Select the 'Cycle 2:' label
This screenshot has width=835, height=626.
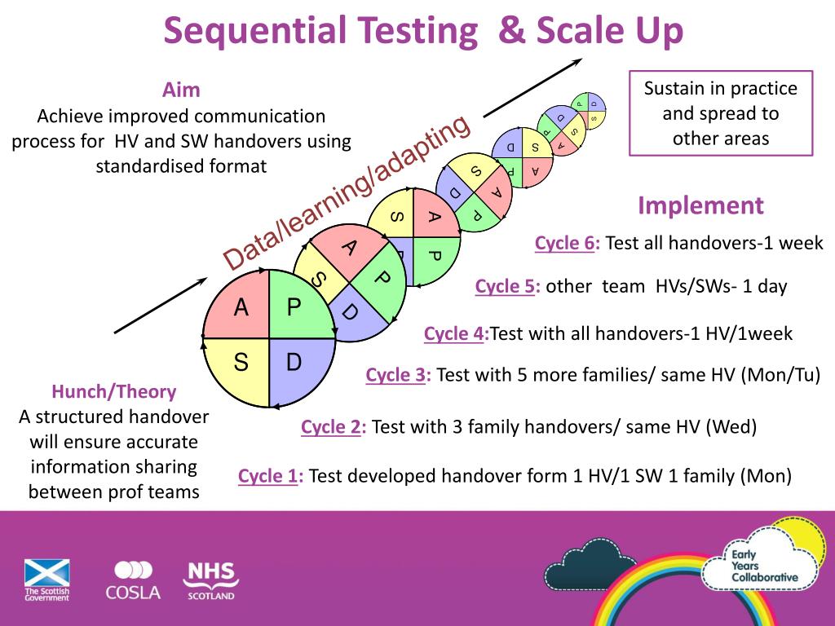334,427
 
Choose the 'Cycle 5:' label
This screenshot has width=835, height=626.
508,286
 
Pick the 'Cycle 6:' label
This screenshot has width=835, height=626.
568,243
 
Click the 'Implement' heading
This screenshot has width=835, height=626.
700,205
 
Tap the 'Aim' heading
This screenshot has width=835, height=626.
181,89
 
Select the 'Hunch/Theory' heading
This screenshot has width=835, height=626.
114,391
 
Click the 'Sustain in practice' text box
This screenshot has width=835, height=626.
721,113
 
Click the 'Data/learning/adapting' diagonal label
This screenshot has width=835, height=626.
347,192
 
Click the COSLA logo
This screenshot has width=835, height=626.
133,580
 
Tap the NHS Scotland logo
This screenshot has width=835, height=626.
210,580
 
